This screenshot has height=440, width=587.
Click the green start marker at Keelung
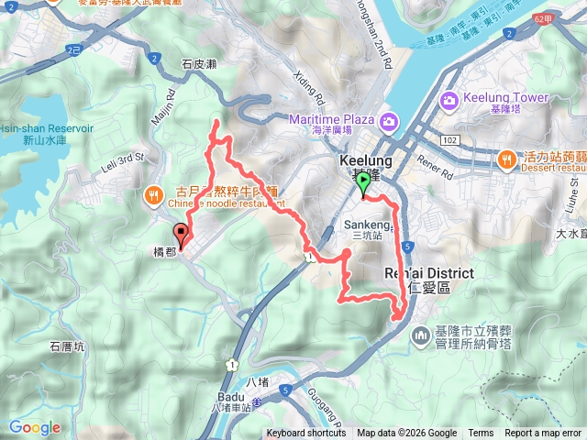(363, 186)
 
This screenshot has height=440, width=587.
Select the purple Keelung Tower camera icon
(449, 99)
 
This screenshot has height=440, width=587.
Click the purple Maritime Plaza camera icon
(390, 121)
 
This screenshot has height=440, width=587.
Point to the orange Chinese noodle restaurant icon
(152, 194)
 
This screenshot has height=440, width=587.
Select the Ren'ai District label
(428, 274)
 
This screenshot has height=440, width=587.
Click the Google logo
(35, 427)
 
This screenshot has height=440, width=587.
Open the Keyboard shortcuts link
(306, 434)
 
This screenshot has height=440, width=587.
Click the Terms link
(481, 434)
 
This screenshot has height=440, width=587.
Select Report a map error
(543, 434)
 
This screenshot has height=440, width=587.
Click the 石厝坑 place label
(67, 346)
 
